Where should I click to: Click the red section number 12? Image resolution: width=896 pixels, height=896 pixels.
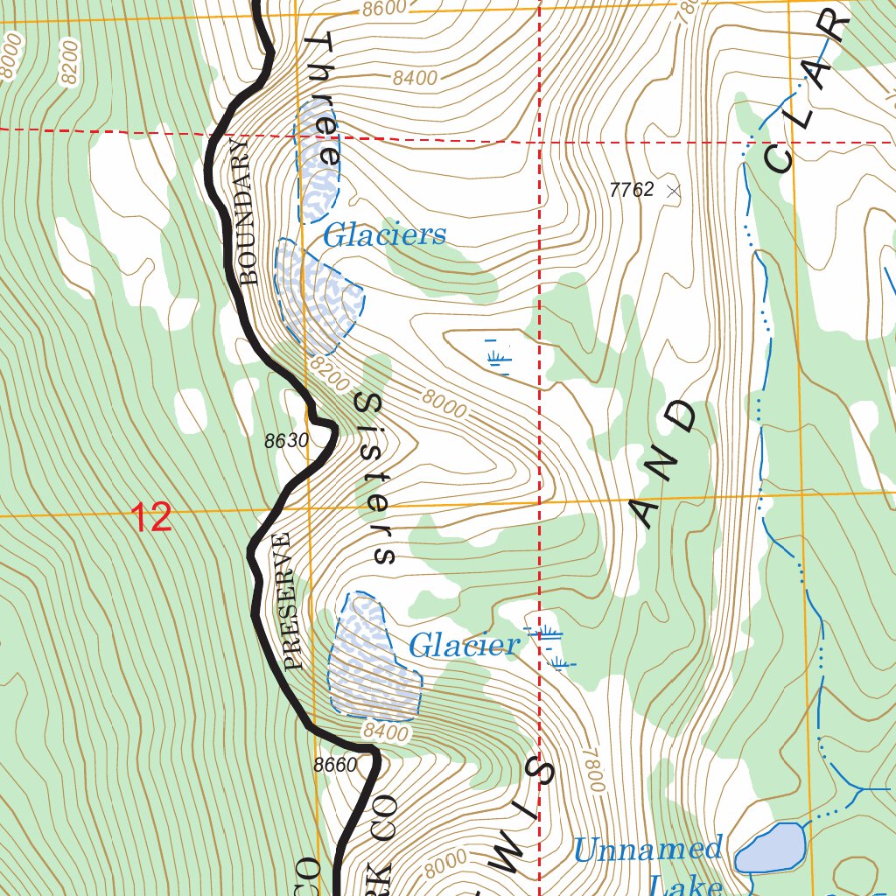pos(152,518)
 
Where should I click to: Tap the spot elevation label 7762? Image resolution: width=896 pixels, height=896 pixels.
pos(632,189)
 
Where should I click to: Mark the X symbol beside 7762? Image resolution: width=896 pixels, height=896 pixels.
pos(672,190)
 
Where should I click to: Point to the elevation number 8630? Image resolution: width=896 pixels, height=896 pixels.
pos(287,441)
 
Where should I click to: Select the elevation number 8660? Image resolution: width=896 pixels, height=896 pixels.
pos(335,765)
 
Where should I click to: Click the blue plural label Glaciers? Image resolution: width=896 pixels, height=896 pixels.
pos(384,235)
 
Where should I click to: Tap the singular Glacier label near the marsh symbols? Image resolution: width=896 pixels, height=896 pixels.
pos(464,647)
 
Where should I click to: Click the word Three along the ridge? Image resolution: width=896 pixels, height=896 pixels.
pos(322,101)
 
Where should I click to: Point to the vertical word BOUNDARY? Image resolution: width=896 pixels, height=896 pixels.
pos(248,210)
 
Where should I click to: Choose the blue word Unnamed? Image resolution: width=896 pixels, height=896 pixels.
pos(647,850)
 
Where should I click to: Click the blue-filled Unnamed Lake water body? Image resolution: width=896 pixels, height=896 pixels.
pos(772,847)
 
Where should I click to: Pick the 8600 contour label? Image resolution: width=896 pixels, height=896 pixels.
pos(384,9)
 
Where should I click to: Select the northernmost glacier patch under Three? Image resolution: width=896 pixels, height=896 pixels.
pos(318,162)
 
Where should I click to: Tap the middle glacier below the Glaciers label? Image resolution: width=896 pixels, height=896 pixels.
pos(319,293)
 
